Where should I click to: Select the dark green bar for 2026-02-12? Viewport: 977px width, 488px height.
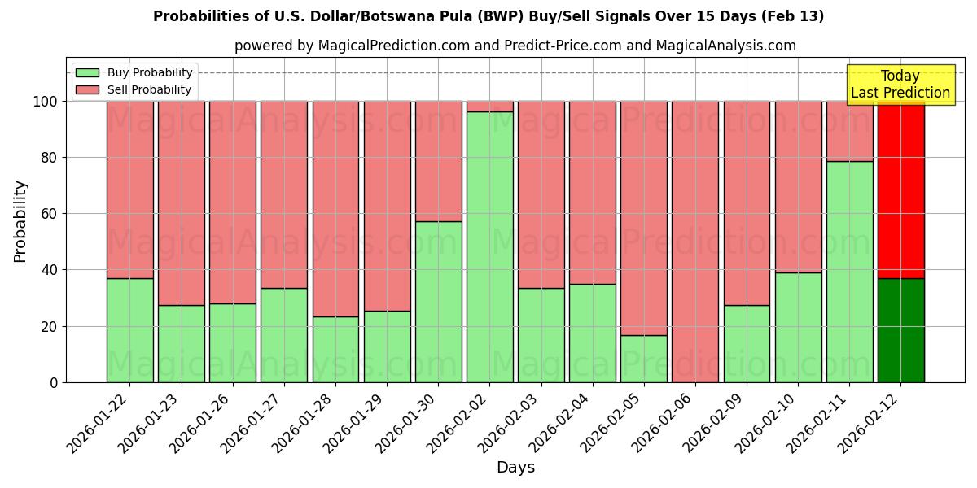[x=900, y=330]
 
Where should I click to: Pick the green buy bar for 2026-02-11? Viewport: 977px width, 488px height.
[x=849, y=272]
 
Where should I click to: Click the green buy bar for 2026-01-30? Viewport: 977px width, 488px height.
[x=439, y=302]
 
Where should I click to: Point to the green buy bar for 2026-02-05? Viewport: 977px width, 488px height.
[x=644, y=359]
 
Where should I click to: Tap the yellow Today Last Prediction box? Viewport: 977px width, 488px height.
[x=900, y=85]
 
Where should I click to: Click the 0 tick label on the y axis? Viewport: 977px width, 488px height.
[x=54, y=382]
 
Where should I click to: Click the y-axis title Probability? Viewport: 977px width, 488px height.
[x=20, y=221]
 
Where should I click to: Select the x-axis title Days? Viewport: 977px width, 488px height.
[x=515, y=468]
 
